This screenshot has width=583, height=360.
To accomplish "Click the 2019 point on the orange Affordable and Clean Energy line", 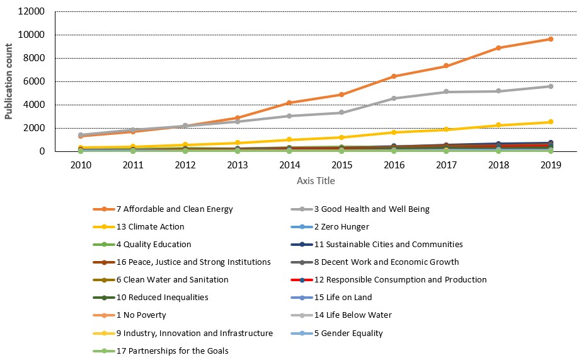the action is click(x=551, y=39).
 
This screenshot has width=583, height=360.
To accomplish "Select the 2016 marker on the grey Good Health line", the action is click(x=394, y=98).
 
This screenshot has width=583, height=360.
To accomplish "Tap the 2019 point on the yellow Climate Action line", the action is click(x=551, y=122).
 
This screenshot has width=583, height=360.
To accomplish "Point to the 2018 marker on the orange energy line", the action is click(x=499, y=48).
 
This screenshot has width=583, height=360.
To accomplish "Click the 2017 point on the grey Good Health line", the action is click(x=446, y=91).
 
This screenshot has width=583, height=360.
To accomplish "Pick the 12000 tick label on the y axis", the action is click(x=32, y=11).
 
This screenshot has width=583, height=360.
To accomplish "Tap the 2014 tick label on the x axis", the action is click(x=290, y=165).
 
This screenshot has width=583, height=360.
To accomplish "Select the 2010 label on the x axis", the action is click(x=81, y=165).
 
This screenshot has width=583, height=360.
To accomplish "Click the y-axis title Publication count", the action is click(x=8, y=81).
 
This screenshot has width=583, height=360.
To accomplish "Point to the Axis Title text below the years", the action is click(x=316, y=181).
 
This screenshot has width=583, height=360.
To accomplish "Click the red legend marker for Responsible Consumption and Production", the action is click(x=302, y=280).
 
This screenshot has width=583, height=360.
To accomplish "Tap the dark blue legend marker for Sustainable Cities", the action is click(x=302, y=245).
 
